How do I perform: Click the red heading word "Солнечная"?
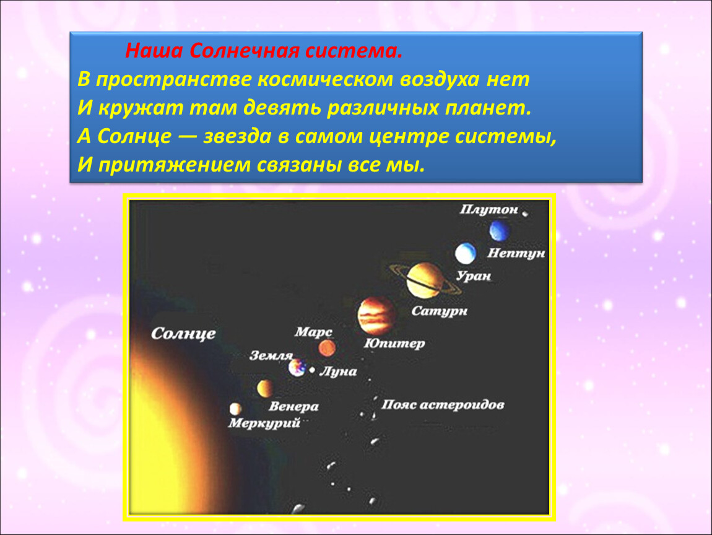coord(245,51)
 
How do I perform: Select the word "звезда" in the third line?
coord(237,136)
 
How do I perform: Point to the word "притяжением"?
coord(174,165)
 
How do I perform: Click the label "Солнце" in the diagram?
coord(183,333)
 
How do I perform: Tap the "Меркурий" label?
coord(264,424)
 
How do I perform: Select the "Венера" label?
coord(293,406)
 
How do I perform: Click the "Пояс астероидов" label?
coord(443,404)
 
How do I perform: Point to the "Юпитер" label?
coord(394,343)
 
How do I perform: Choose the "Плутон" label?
coord(488,209)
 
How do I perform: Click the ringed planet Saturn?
coord(425,281)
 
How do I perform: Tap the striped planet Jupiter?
coord(376,316)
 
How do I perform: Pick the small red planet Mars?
coord(327,349)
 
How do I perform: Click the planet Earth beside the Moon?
coord(297,367)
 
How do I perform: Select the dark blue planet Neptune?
coord(500,230)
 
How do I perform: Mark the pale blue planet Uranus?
coord(466,253)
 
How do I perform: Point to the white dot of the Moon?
coord(312,370)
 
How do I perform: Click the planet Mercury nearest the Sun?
coord(235,409)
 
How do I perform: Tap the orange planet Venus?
coord(265,388)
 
